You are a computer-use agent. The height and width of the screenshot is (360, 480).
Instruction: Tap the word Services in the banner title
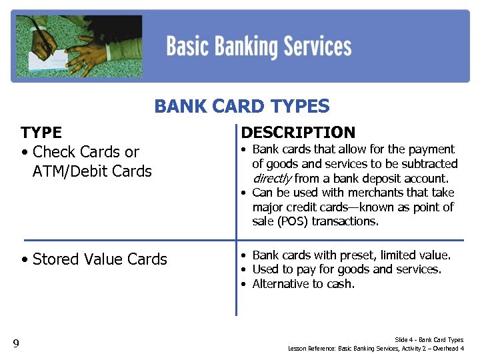point(317,47)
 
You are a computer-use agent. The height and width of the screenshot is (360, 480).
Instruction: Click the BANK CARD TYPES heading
point(241,106)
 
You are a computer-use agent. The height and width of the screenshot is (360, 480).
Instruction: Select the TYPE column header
point(41,133)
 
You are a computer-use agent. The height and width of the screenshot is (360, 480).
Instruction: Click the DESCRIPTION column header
point(298,133)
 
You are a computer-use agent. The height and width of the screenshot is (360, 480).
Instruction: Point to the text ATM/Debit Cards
point(92,171)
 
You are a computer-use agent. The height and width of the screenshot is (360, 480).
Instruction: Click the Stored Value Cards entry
point(99,259)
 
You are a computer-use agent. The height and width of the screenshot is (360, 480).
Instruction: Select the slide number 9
point(16,343)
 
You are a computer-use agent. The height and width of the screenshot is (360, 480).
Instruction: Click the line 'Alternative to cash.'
point(303,284)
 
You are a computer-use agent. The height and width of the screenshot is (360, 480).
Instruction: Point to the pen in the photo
point(46,37)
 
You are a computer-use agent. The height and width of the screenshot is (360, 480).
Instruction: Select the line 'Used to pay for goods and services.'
point(347,269)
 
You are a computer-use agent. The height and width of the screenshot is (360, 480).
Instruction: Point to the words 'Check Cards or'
point(85,152)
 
